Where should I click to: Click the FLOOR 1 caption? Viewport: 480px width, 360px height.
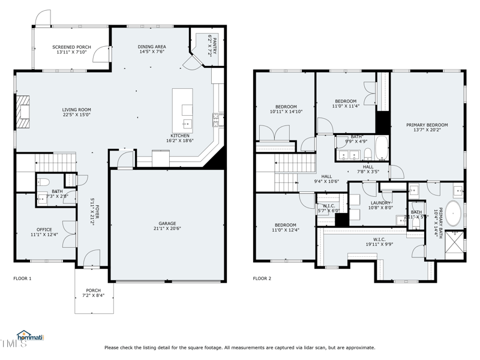[x=22, y=278]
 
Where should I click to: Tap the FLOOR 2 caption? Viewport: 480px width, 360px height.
[x=262, y=278]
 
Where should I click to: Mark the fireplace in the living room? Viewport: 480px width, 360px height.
[x=23, y=112]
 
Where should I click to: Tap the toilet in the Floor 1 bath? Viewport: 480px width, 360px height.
[x=43, y=182]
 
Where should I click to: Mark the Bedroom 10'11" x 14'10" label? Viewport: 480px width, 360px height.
[x=286, y=109]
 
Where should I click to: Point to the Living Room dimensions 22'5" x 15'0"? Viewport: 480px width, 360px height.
[x=76, y=115]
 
